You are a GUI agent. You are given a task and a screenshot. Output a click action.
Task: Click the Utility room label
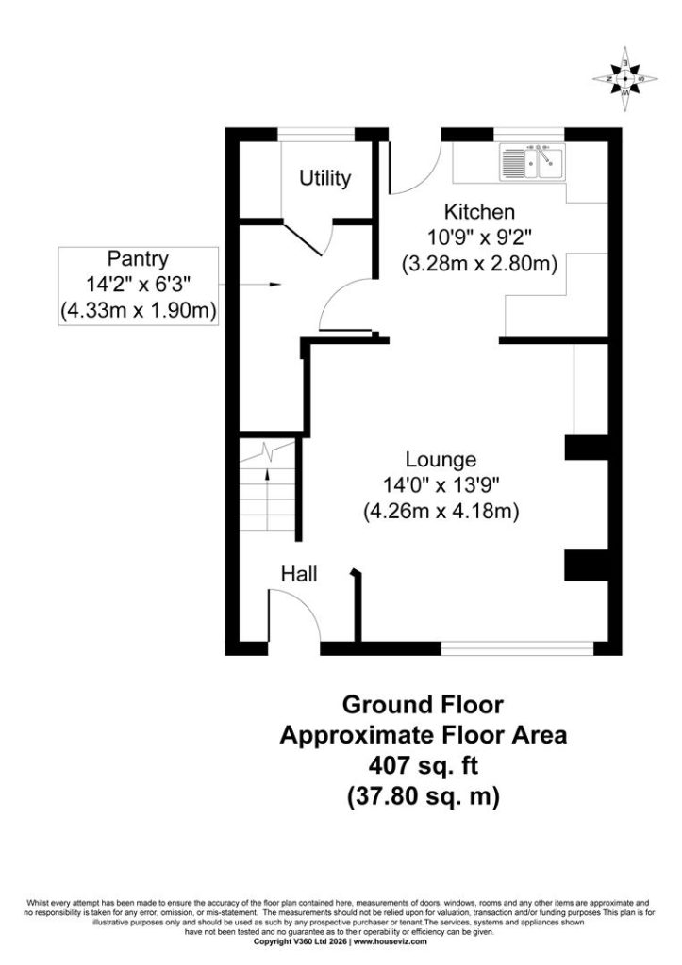(324, 178)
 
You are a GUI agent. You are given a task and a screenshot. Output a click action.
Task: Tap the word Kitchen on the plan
(479, 212)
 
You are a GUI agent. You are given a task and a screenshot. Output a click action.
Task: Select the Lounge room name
(441, 460)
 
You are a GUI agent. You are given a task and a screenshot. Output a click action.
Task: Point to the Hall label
(299, 574)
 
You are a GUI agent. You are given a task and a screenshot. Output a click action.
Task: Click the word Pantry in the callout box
(138, 258)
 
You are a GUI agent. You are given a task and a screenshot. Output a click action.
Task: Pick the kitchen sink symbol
(532, 162)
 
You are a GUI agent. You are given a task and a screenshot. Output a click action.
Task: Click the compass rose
(625, 79)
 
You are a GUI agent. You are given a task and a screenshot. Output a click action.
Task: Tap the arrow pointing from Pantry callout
(250, 285)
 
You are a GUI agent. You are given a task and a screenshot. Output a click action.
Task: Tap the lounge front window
(518, 648)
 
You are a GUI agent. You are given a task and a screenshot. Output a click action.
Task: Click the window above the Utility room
(317, 135)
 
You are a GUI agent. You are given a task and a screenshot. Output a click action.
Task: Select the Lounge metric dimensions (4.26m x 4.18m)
(441, 512)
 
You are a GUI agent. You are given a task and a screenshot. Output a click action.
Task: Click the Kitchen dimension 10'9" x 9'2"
(479, 237)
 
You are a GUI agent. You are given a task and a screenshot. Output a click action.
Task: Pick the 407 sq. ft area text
(424, 765)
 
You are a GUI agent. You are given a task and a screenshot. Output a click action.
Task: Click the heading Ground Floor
(424, 705)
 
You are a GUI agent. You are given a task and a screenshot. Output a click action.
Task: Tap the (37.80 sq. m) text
(424, 796)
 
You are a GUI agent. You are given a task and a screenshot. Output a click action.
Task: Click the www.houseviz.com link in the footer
(390, 941)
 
